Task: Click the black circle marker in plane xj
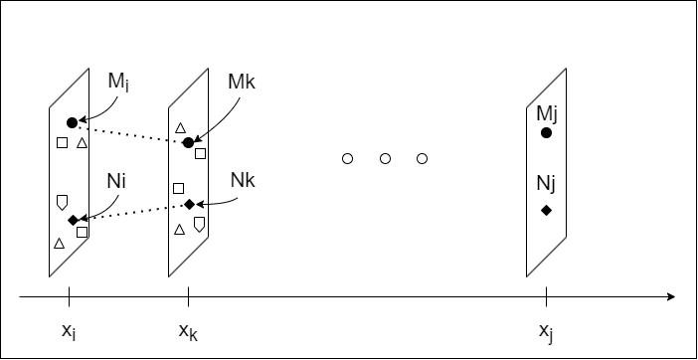pyautogui.click(x=546, y=132)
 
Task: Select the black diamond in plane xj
pyautogui.click(x=546, y=210)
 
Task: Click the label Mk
pyautogui.click(x=242, y=81)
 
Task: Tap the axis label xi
pyautogui.click(x=68, y=329)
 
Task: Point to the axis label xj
pyautogui.click(x=546, y=330)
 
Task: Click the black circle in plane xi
pyautogui.click(x=72, y=122)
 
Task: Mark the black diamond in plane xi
pyautogui.click(x=73, y=219)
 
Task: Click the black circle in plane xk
pyautogui.click(x=188, y=143)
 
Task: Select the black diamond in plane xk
pyautogui.click(x=189, y=204)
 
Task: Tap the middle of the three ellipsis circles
pyautogui.click(x=385, y=158)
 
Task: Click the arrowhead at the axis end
pyautogui.click(x=671, y=295)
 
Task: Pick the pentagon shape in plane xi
pyautogui.click(x=63, y=202)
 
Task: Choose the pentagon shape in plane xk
pyautogui.click(x=199, y=224)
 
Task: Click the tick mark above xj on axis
pyautogui.click(x=546, y=295)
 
